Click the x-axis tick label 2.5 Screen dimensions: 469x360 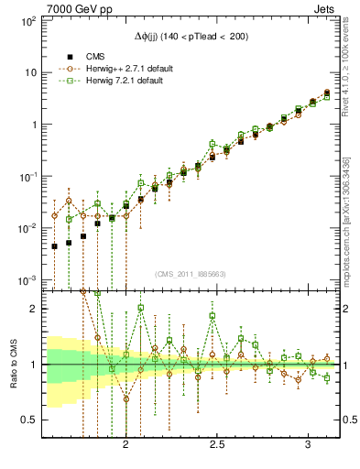coord(217,444)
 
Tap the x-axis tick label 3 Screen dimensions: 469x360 coord(309,444)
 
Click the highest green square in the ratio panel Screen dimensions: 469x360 coord(140,308)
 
